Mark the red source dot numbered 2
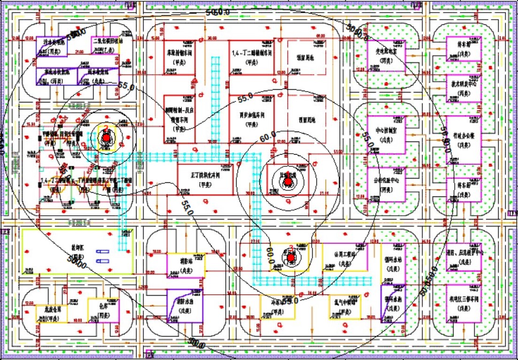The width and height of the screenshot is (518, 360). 106,138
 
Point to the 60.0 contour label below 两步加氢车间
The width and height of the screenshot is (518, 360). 268,137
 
